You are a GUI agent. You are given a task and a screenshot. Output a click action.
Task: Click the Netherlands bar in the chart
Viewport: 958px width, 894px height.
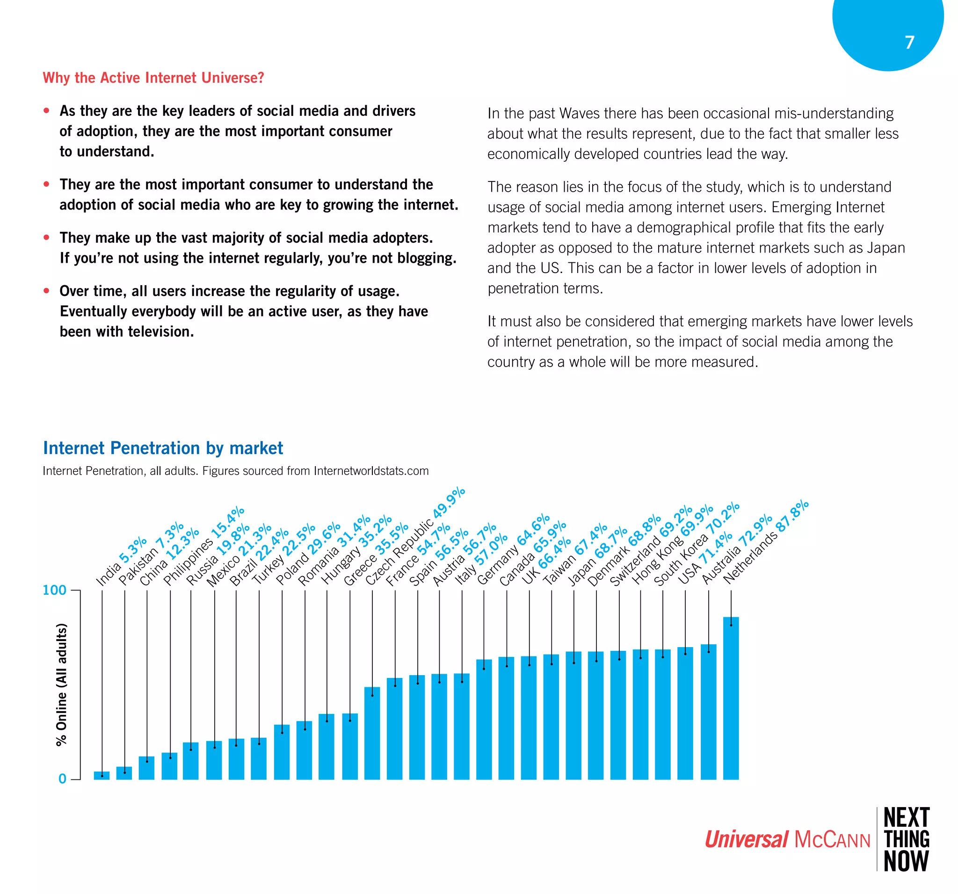(x=731, y=699)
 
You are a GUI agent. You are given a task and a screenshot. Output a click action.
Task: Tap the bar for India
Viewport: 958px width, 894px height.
(x=102, y=776)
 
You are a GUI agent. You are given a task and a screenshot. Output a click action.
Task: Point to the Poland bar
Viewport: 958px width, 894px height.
(x=282, y=752)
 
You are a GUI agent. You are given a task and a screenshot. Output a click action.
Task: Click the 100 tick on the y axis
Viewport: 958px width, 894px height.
(x=54, y=590)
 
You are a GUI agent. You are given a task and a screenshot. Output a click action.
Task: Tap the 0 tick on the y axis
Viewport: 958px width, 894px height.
(x=62, y=779)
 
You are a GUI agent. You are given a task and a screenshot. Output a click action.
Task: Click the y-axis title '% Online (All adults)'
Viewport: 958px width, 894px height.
(x=61, y=685)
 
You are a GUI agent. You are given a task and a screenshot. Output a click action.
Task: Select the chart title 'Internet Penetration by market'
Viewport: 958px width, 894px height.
(x=163, y=448)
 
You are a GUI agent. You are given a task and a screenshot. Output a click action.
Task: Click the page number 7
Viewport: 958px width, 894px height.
(x=909, y=43)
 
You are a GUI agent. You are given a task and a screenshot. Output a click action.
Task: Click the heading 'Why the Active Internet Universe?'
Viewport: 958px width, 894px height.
(x=153, y=78)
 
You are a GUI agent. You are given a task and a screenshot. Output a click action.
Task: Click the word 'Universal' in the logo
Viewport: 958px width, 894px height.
(x=747, y=840)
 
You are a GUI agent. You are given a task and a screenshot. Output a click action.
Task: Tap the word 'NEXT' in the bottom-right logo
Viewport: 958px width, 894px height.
(x=907, y=818)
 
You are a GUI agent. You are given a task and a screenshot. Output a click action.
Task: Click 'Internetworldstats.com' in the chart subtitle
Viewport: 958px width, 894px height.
(x=371, y=470)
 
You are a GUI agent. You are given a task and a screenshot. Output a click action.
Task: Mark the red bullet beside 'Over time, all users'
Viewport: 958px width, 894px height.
(x=47, y=290)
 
